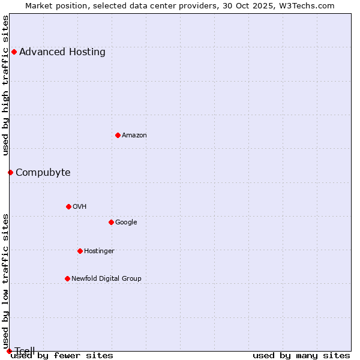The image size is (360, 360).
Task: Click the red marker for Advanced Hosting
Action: coord(14,52)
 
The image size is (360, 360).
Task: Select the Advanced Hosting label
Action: coord(62,52)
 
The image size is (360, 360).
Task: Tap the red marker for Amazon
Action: coord(118,135)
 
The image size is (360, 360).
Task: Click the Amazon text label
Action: coord(134,135)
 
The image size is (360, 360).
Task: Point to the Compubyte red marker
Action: coord(10,172)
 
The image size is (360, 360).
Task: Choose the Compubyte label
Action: coord(43,173)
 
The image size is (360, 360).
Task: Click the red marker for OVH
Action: coord(68,206)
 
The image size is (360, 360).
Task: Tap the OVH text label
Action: coord(80,206)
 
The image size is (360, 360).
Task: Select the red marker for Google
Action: coord(111,222)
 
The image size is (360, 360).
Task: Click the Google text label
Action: coord(126,222)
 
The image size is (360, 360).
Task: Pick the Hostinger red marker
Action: coord(80,251)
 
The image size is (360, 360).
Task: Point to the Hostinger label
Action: coord(99,251)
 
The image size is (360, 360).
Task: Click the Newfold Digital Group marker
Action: coord(67,278)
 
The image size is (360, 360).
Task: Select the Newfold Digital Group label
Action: coord(106,278)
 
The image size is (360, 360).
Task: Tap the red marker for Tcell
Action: coord(9,351)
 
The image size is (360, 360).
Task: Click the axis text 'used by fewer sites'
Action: coord(62,355)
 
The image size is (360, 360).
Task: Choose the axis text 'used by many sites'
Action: coord(301,355)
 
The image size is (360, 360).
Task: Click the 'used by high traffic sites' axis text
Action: coord(6,85)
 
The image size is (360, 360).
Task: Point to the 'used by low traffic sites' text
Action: coord(6,281)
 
